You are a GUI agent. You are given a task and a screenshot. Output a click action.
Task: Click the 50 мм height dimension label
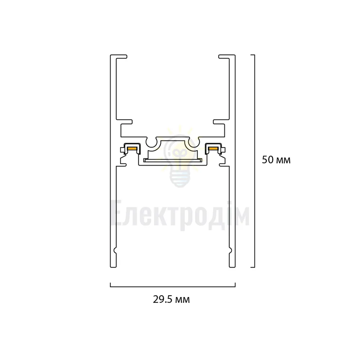point(276,160)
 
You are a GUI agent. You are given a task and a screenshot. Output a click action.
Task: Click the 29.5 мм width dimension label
point(171,300)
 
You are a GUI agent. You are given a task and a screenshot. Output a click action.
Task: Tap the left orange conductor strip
point(132,149)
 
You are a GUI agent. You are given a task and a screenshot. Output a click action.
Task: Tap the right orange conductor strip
point(213,149)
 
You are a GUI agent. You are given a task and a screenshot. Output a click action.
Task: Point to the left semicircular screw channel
point(151,145)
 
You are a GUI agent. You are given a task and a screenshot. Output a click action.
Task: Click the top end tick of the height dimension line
point(253,55)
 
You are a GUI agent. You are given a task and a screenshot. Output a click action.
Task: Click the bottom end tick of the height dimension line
point(253,267)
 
